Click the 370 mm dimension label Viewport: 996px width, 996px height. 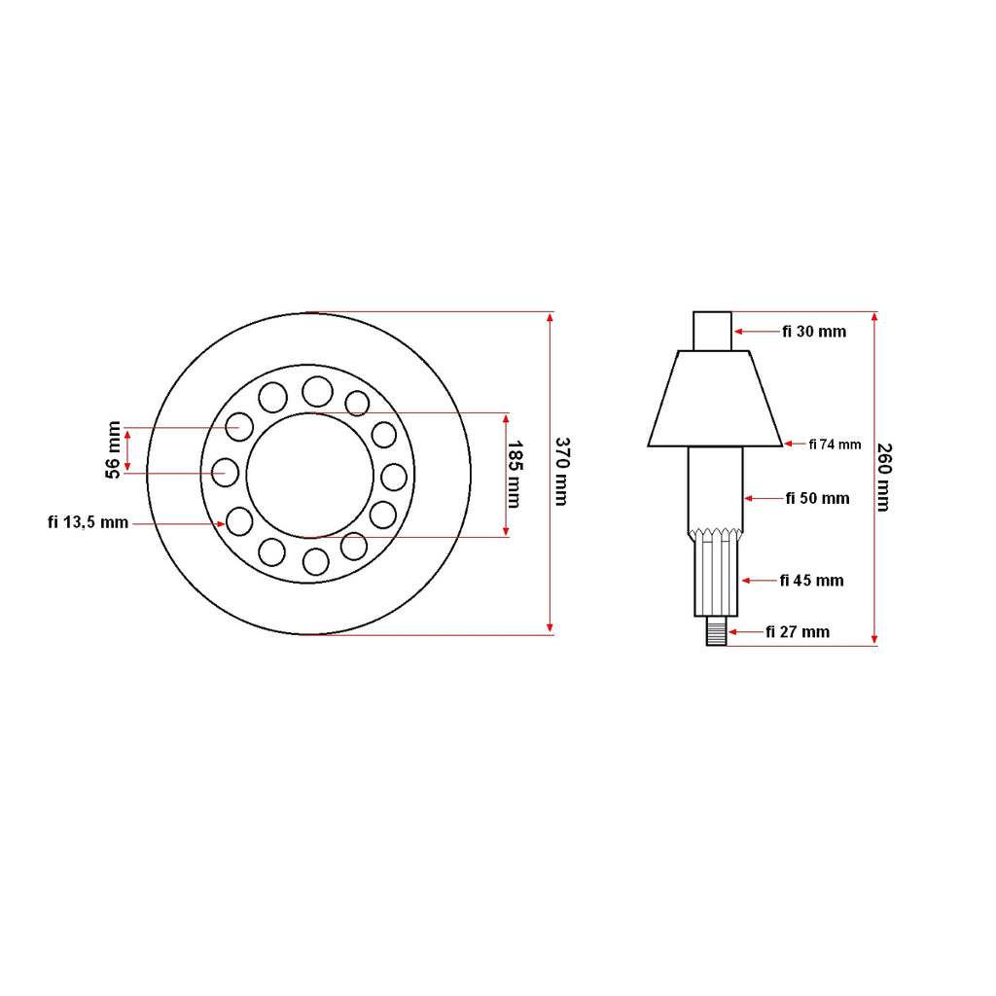562,472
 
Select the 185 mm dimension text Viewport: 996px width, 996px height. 514,475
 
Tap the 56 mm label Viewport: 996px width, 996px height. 113,449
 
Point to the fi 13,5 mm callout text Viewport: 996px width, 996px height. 89,522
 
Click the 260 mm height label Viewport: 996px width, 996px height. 884,477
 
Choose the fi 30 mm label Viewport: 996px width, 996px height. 814,332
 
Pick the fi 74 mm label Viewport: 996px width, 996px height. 835,445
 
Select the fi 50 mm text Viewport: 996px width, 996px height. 817,499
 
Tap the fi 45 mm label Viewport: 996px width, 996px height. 812,581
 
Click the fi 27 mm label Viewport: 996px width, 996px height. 798,632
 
